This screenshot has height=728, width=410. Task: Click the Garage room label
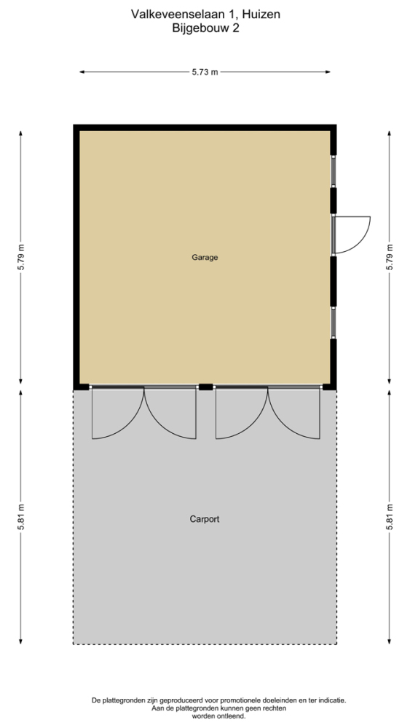205,257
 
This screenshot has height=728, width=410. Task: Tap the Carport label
205,519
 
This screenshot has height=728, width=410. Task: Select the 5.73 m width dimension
205,72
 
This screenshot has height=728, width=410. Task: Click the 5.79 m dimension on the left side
21,257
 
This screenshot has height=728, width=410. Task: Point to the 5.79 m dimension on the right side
389,257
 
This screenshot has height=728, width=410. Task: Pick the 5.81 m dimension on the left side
21,517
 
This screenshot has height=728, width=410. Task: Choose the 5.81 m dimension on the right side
389,517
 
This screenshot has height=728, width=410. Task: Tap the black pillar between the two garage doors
205,387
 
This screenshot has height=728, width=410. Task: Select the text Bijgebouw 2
205,28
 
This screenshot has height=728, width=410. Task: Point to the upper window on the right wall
333,171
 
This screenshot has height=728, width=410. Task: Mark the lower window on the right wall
333,323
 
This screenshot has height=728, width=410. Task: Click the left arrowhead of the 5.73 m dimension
82,72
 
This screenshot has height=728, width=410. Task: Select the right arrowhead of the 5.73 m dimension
328,72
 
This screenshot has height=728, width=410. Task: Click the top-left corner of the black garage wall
74,124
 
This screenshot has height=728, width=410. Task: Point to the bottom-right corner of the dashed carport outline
336,644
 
